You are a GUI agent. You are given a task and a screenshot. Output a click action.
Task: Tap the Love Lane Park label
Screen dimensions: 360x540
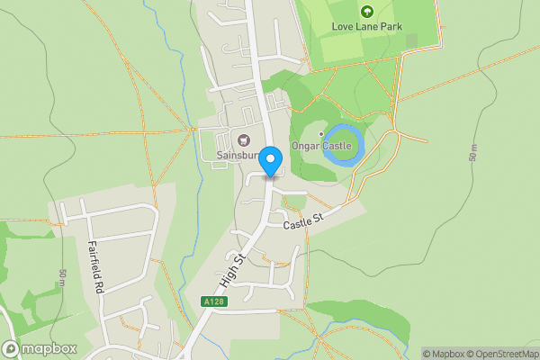(366, 26)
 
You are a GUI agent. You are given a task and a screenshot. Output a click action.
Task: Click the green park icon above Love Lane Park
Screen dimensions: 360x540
(366, 11)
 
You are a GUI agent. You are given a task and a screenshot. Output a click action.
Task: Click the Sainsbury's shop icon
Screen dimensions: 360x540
(243, 139)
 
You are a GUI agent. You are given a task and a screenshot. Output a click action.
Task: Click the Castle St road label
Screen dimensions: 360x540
(303, 220)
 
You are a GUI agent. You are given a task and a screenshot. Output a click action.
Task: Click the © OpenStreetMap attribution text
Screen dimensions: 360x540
(505, 354)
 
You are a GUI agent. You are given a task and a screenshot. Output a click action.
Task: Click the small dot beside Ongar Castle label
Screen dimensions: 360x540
(320, 134)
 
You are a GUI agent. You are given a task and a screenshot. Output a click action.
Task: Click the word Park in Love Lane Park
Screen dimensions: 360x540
(390, 26)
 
